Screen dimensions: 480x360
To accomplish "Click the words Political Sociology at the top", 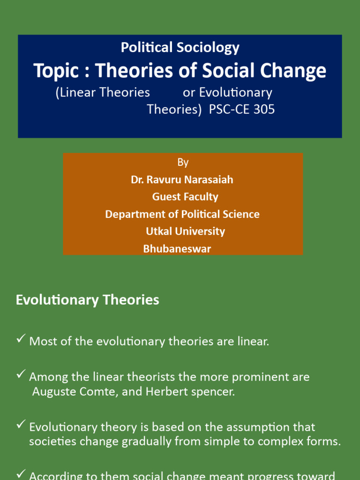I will click(180, 47).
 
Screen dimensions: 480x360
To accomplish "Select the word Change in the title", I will click(295, 71).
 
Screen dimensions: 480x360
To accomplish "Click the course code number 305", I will click(265, 110).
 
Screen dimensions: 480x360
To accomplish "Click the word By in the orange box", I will click(183, 162).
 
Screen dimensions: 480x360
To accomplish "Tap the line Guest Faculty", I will click(185, 197).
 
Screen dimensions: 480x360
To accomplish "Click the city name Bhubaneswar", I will click(177, 249).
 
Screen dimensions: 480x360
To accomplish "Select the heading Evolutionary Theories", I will click(88, 300).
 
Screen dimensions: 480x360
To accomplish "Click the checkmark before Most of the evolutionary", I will click(21, 339).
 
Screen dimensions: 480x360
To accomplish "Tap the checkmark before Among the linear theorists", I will click(21, 375).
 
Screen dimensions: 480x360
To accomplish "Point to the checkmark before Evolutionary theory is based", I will click(21, 425).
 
